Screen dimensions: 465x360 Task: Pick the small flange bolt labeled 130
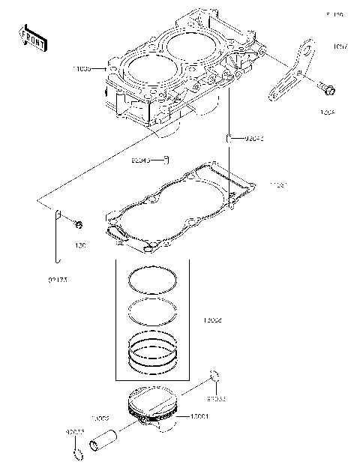tap(79, 224)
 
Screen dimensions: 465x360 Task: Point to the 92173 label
tap(57, 279)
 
